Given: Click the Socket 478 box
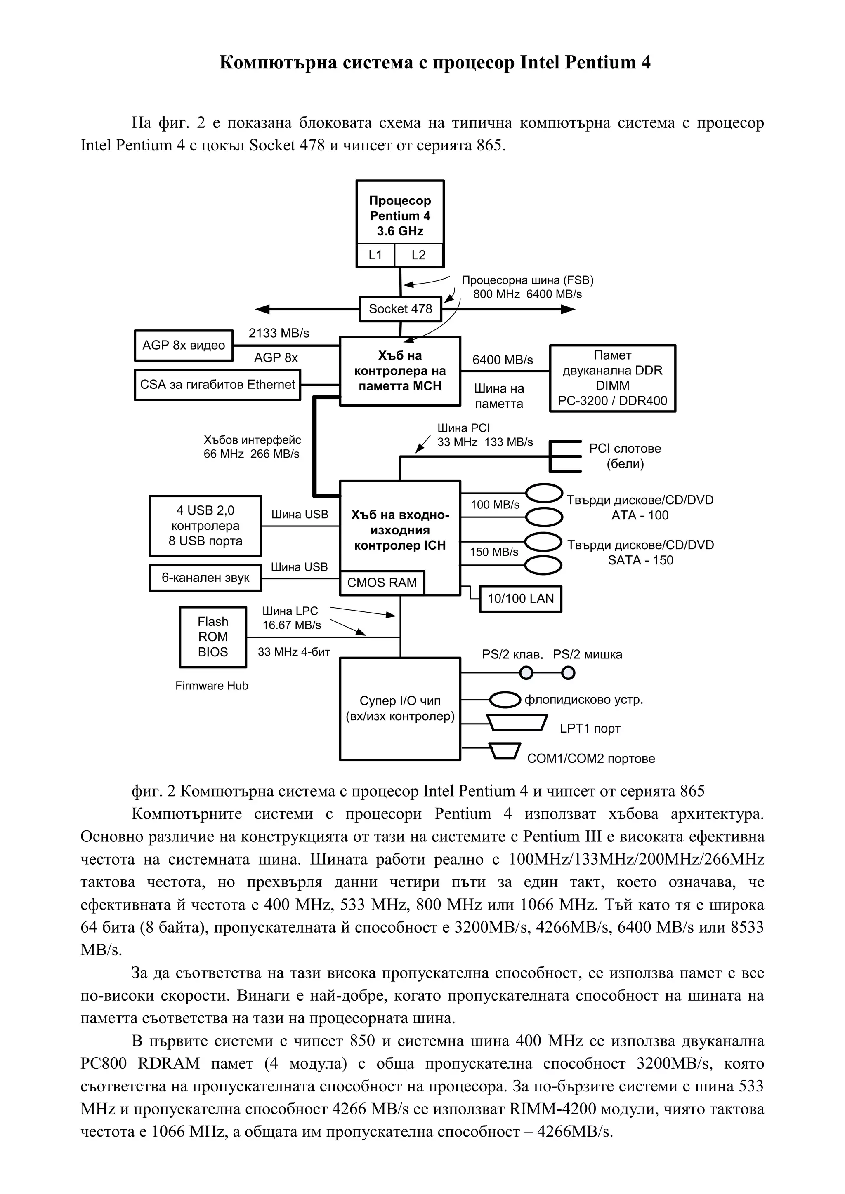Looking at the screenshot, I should coord(400,309).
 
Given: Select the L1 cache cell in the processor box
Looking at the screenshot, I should coord(375,255).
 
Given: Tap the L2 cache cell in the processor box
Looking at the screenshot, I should coord(418,255).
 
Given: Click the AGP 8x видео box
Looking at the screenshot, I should coord(183,346).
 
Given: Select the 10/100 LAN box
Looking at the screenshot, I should coord(520,599).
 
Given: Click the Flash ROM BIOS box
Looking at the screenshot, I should coord(213,637).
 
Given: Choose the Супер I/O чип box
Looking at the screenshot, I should coord(400,708).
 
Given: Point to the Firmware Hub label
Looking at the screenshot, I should coord(211,686).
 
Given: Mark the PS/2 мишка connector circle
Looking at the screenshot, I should coord(568,673).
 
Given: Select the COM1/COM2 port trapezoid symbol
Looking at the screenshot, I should coord(504,751).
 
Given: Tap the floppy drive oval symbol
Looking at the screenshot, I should coord(506,700).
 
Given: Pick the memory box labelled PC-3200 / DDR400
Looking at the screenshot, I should coord(612,378).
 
